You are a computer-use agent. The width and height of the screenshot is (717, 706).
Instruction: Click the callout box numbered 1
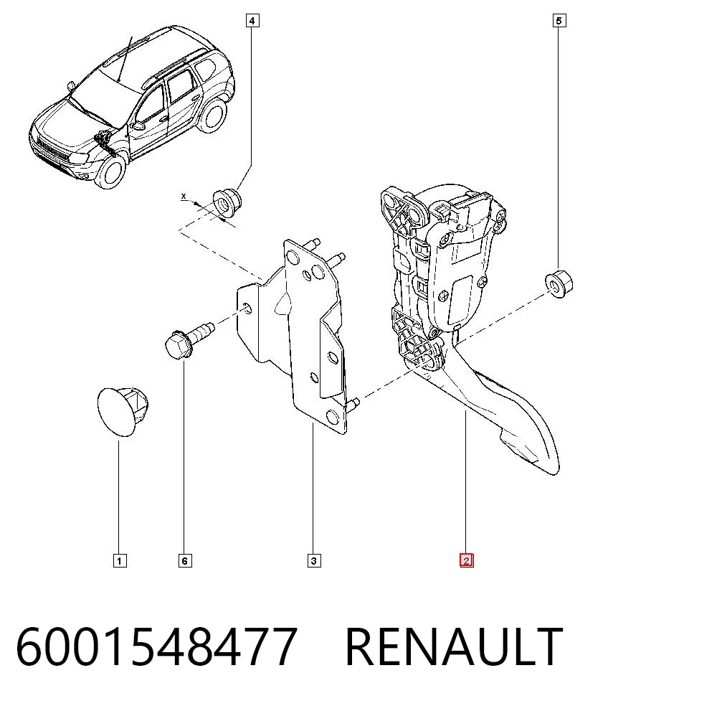tap(119, 560)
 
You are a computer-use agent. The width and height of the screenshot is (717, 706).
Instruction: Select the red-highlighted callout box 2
tap(467, 560)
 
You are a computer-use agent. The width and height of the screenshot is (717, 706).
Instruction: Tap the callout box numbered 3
tap(314, 560)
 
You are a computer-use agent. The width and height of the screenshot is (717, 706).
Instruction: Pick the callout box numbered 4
tap(252, 21)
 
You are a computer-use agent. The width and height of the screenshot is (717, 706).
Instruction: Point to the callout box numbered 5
tap(559, 21)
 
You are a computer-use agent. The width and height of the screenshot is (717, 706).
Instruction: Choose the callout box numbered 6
tap(185, 560)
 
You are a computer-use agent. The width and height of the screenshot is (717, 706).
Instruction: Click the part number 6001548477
tap(157, 646)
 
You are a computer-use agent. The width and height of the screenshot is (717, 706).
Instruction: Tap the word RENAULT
tap(454, 646)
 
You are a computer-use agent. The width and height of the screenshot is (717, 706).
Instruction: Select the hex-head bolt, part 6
tap(189, 340)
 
